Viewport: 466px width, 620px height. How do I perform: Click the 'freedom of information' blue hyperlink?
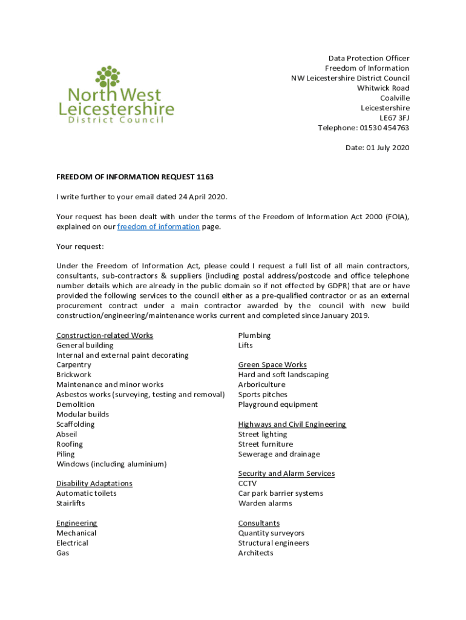coord(158,226)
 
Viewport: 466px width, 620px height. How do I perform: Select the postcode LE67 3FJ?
coord(394,117)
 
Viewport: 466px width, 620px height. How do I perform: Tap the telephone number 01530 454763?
coord(384,128)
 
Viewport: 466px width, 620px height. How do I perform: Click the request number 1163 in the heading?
coord(205,177)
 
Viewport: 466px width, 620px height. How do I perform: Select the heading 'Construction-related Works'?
coord(105,335)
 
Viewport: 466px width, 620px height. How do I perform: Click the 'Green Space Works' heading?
coord(272,364)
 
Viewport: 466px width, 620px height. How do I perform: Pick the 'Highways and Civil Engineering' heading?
coord(292,424)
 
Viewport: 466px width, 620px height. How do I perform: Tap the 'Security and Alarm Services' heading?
coord(286,473)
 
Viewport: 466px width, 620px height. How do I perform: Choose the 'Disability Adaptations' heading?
coord(94,483)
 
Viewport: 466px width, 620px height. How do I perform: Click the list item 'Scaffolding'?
coord(76,424)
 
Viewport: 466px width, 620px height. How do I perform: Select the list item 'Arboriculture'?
coord(261,384)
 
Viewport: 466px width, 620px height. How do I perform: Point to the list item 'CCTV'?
coord(248,483)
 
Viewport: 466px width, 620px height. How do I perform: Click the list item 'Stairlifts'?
coord(71,503)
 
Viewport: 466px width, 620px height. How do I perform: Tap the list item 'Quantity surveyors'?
coord(271,533)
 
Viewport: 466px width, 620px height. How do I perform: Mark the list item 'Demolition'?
coord(76,404)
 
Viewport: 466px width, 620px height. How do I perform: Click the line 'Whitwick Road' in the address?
coord(383,88)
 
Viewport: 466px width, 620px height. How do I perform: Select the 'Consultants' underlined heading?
coord(259,523)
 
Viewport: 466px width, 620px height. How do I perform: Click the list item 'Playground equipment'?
coord(278,404)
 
